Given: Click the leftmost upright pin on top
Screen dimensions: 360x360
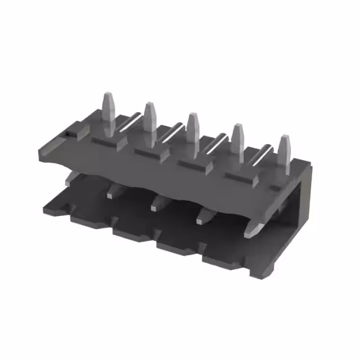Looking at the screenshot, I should [108, 111].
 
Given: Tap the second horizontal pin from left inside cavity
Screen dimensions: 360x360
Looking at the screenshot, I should [112, 191].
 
